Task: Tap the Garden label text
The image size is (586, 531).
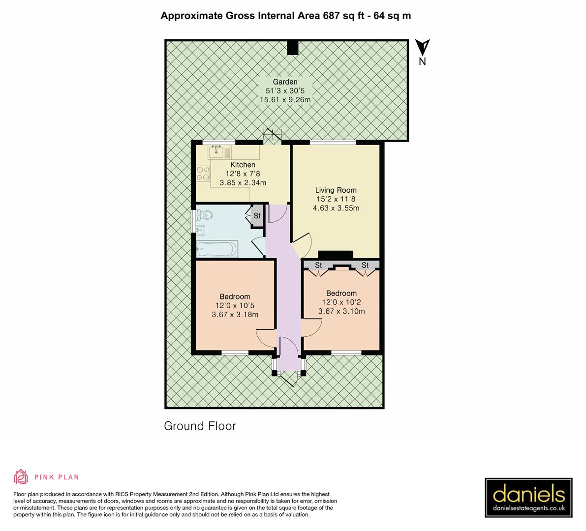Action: [x=285, y=82]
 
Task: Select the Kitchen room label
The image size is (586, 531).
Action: [x=243, y=165]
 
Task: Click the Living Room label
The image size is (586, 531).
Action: [x=336, y=190]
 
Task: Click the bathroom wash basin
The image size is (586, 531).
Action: [x=201, y=230]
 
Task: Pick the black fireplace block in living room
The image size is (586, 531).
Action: [x=336, y=254]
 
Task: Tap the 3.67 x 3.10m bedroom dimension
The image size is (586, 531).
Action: [x=341, y=311]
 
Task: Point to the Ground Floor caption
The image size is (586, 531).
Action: [x=200, y=426]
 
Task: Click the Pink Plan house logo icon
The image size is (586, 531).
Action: [x=21, y=476]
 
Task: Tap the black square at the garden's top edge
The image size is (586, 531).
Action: [x=293, y=47]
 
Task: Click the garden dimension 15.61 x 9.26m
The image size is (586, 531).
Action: [x=285, y=100]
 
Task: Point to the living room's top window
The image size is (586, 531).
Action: [x=333, y=143]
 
